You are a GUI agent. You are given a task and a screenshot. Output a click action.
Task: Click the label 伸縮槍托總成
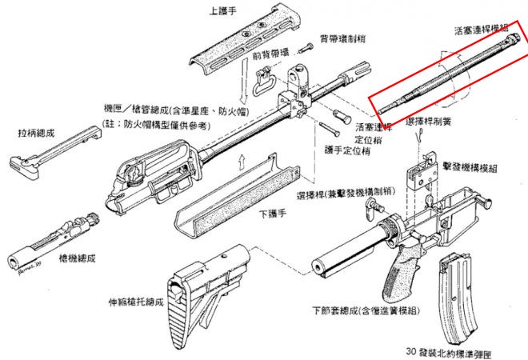pyautogui.click(x=137, y=302)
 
